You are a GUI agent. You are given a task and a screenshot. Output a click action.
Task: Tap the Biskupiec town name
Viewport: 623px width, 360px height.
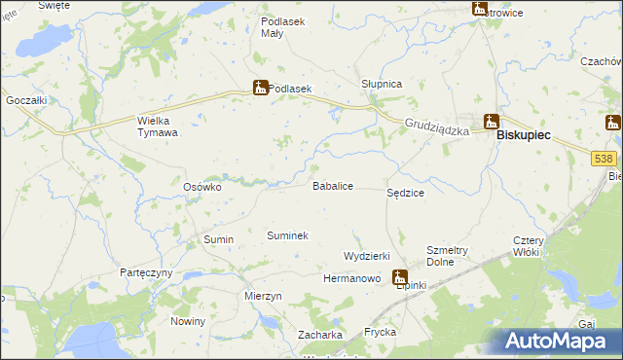[524, 137]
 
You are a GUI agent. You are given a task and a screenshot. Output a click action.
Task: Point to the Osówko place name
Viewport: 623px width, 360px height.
[203, 186]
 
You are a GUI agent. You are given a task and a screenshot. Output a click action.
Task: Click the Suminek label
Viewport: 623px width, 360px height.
[287, 235]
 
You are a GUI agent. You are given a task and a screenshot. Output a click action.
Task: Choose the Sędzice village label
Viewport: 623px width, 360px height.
[405, 194]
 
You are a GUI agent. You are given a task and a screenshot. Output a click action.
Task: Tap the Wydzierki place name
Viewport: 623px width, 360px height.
[366, 255]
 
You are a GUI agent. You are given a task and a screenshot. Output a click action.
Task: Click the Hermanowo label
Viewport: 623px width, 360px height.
[350, 278]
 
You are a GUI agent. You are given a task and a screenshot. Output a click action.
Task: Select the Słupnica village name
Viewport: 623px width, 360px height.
[382, 84]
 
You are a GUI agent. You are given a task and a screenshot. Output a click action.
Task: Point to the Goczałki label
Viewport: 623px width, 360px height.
[26, 100]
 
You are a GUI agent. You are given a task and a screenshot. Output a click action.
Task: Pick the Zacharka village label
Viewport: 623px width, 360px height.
[320, 335]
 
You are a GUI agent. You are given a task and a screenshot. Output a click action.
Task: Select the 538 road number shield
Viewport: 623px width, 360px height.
[604, 158]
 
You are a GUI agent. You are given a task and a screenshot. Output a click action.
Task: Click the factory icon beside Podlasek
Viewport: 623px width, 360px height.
[260, 88]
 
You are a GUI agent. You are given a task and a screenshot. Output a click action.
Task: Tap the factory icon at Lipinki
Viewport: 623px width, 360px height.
[400, 277]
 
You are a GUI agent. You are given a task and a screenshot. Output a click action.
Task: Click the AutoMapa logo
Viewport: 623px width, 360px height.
[559, 341]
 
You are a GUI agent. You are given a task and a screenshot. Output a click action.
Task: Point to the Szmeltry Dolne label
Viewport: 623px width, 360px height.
[448, 256]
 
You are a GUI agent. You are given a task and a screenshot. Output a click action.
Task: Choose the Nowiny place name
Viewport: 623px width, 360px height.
[188, 321]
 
